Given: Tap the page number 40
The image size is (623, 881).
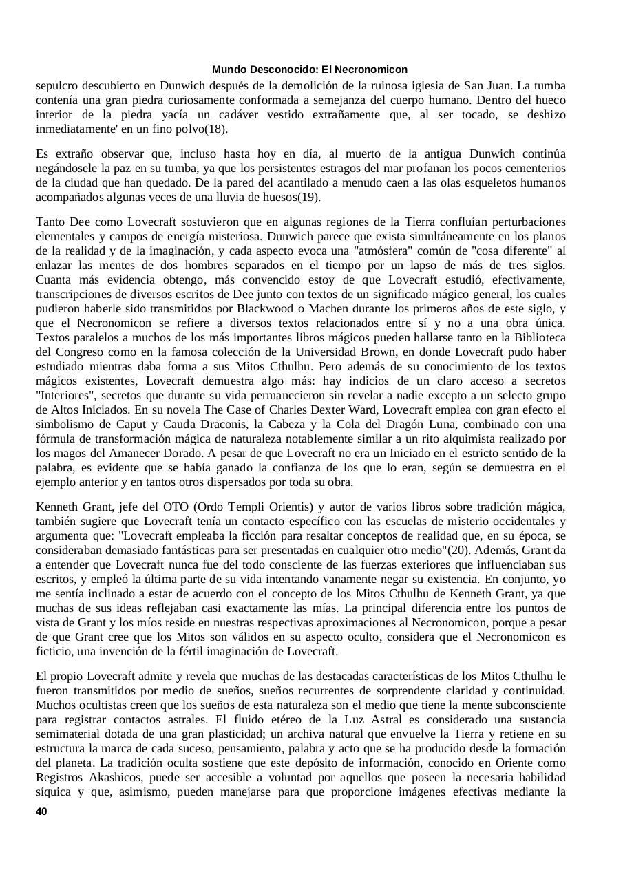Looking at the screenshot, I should click(41, 812).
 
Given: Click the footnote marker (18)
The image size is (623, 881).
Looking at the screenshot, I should click(215, 129).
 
